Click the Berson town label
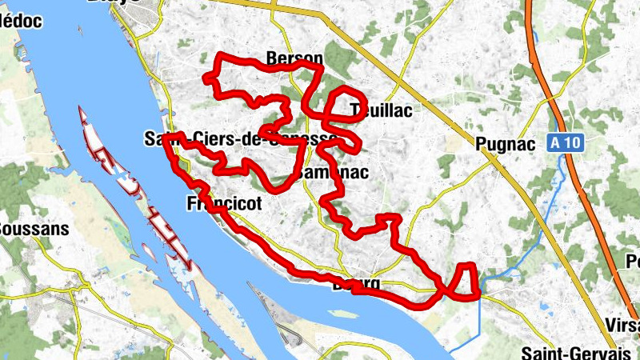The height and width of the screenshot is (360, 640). tap(294, 59)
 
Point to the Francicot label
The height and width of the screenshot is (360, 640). tap(224, 204)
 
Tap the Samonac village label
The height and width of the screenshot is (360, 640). tap(331, 172)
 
